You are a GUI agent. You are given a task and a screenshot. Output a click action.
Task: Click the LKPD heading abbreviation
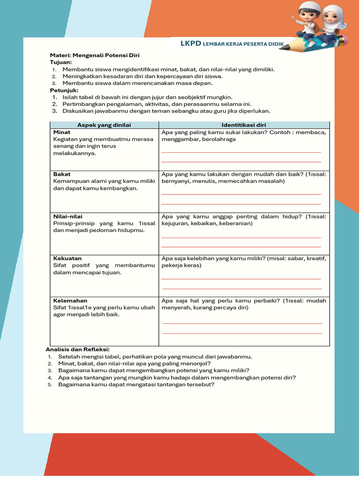click(x=191, y=44)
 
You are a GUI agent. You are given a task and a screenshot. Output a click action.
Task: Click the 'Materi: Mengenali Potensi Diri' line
click(x=95, y=55)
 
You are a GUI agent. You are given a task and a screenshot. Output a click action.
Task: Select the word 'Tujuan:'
click(x=61, y=62)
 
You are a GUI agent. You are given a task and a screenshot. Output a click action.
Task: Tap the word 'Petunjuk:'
click(x=64, y=90)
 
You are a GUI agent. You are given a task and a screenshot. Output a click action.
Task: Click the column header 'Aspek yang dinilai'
click(x=104, y=125)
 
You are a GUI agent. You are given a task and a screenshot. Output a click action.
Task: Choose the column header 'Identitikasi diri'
click(x=244, y=125)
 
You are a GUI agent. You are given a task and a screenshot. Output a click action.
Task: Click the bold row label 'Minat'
click(x=62, y=132)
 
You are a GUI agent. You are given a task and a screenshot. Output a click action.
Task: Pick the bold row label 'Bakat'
click(x=62, y=174)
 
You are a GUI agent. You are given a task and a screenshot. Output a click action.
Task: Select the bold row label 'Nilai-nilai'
click(x=68, y=216)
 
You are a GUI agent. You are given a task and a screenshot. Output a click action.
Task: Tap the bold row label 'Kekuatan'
click(x=67, y=258)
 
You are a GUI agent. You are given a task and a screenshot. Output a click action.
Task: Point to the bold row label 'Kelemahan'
click(x=70, y=300)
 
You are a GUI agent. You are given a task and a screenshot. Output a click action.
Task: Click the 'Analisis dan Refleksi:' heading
click(x=77, y=349)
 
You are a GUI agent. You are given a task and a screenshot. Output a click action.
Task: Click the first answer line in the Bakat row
click(x=241, y=194)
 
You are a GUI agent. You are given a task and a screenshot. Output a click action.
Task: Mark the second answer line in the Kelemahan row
click(x=242, y=333)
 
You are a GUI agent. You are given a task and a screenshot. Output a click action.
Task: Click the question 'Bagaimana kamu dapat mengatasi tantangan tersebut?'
click(x=136, y=384)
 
